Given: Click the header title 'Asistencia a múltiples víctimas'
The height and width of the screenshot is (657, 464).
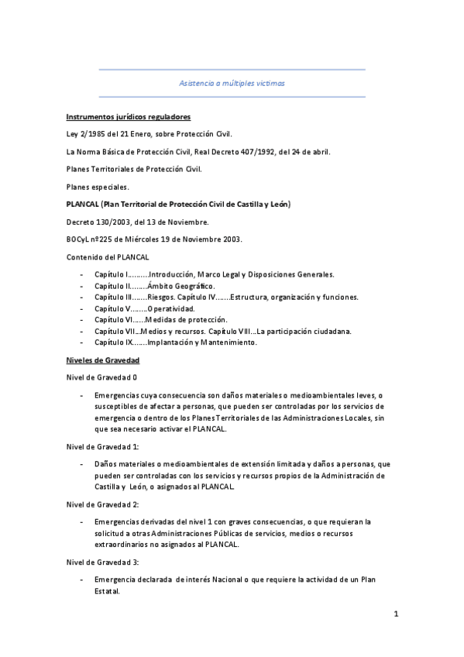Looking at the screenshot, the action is point(232,83).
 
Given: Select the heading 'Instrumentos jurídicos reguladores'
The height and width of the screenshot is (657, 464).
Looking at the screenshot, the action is point(128,117).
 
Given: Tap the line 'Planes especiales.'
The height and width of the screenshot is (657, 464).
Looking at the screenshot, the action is point(98,187).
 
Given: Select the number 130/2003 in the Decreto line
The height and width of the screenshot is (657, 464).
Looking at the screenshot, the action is point(113,222).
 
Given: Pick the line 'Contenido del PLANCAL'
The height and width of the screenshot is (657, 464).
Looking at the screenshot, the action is point(108,256).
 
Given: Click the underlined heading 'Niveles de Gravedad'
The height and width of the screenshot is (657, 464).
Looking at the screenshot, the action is point(102,360).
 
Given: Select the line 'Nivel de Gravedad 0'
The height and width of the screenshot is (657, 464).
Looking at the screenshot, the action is point(102,377).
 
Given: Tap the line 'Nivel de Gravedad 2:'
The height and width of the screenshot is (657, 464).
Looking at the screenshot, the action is point(103,504).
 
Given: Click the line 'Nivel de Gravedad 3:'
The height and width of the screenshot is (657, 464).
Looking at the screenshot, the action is point(103,561).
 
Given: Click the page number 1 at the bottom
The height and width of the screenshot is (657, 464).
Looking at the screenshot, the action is point(395,616).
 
